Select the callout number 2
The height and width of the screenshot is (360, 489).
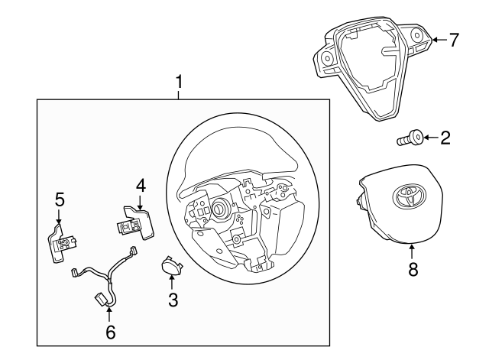445,138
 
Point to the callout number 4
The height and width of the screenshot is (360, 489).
141,185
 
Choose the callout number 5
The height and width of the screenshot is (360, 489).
60,200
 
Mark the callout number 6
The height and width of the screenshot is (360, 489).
110,332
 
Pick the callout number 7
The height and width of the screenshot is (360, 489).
454,41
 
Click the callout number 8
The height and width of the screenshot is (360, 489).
413,270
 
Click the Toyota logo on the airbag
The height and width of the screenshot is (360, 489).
407,196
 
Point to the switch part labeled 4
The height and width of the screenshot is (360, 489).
133,221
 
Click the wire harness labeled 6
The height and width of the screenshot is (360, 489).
107,279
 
